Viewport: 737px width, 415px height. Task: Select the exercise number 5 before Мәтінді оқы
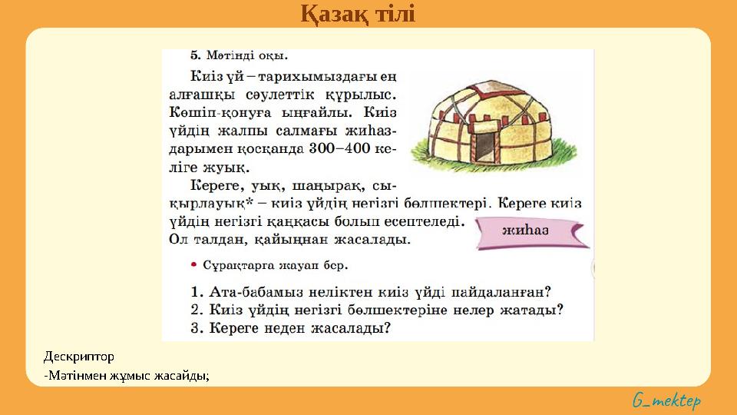pyautogui.click(x=193, y=55)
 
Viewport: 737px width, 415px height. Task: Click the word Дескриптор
pyautogui.click(x=79, y=357)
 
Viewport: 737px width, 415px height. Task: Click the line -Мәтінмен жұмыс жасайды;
pyautogui.click(x=127, y=375)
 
